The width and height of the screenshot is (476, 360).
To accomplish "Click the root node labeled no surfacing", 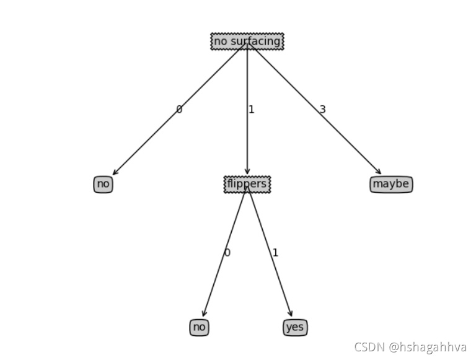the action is [247, 42].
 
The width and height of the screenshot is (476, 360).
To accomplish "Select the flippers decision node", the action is [247, 184].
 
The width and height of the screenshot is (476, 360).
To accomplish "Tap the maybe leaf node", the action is [391, 184].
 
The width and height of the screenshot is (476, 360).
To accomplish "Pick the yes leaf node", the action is [295, 327].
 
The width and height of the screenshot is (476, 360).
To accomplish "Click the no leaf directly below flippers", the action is [199, 327].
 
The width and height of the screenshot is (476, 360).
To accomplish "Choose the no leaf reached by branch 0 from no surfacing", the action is [103, 184].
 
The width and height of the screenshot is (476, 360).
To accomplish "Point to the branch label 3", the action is [322, 110].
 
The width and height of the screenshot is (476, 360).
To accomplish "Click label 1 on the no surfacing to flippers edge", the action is [251, 110].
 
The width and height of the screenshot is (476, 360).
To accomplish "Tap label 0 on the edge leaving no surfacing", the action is [179, 110].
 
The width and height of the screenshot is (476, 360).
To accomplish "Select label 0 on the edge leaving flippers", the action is [227, 253].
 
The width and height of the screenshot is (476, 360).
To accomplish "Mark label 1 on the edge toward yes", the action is [275, 253].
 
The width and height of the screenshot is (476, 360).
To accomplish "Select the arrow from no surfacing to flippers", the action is [247, 143].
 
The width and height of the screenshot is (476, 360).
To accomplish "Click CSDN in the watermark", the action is [369, 347].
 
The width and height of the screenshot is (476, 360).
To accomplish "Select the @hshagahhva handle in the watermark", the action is [428, 347].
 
